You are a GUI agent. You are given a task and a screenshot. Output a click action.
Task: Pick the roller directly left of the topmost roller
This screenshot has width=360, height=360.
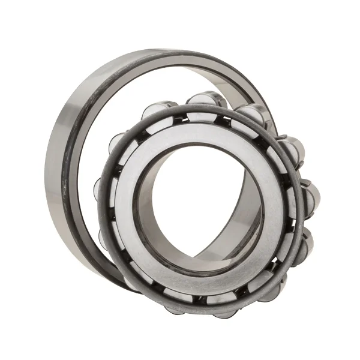point(157,112)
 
